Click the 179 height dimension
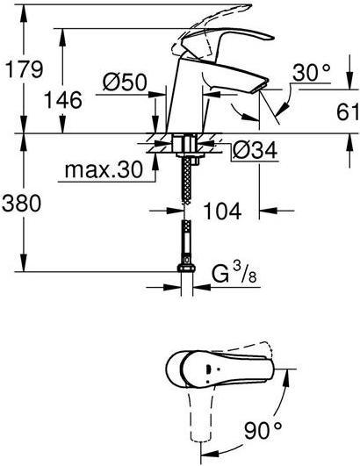25,69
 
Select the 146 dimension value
62,99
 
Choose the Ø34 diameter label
255,150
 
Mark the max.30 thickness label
104,170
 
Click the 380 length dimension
21,203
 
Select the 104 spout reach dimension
222,211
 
